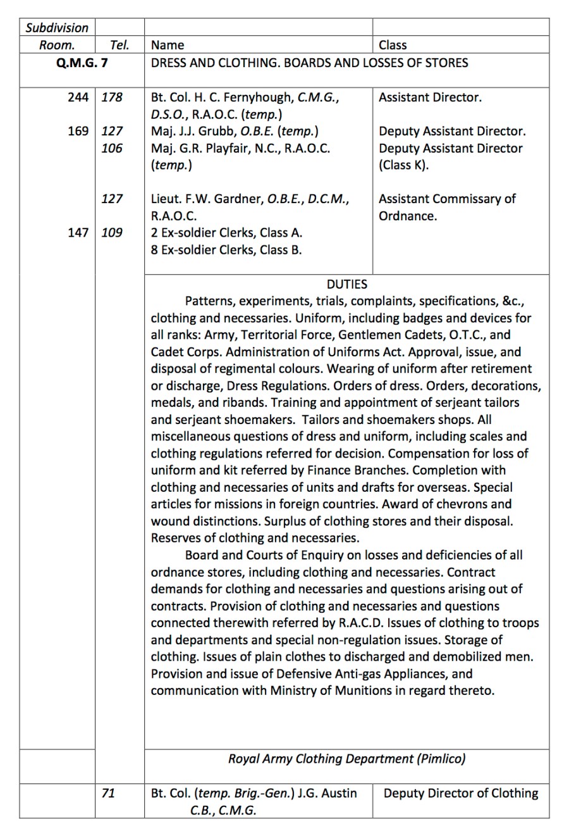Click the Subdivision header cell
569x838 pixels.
click(57, 28)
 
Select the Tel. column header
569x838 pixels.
click(119, 45)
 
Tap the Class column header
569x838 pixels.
click(393, 45)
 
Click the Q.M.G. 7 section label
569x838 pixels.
click(82, 63)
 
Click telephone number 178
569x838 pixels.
click(112, 97)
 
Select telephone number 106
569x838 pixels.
click(112, 148)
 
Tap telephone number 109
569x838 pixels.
click(112, 232)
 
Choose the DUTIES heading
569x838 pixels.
click(346, 284)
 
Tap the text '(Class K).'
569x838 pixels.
click(403, 165)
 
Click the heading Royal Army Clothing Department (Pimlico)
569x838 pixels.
click(346, 758)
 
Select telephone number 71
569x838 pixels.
click(108, 793)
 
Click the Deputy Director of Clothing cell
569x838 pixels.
click(460, 793)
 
